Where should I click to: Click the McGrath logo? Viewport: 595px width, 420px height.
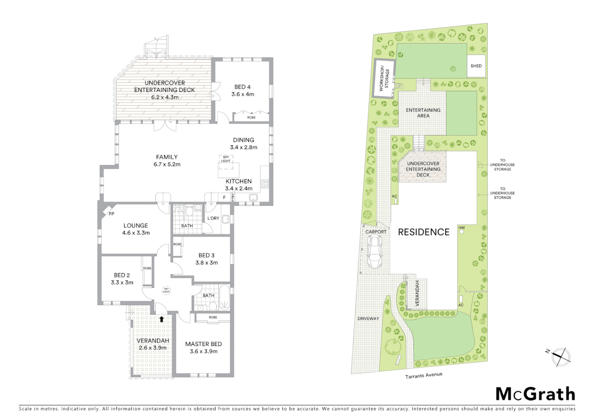click(535, 394)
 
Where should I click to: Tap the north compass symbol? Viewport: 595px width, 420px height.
click(560, 357)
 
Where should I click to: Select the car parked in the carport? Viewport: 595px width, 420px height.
click(375, 252)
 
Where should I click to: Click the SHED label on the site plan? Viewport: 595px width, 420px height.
click(476, 66)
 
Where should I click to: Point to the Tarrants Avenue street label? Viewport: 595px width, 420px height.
click(424, 375)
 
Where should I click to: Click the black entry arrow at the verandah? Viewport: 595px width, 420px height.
click(162, 319)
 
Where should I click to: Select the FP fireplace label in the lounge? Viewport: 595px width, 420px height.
click(111, 214)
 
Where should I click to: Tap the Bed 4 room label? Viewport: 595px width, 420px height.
click(243, 87)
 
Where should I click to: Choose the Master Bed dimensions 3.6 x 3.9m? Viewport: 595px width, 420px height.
click(204, 351)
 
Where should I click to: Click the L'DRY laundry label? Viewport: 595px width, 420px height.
click(213, 218)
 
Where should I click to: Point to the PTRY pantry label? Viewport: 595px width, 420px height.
click(233, 198)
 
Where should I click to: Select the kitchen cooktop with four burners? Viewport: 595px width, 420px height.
click(265, 184)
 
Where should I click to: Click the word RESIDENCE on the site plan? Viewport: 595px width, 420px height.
click(424, 232)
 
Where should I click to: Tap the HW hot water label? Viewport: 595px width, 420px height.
click(461, 228)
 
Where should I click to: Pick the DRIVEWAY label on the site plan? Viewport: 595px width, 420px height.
click(368, 318)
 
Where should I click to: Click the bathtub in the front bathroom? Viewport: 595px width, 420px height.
click(225, 298)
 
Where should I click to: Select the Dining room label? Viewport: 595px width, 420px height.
click(244, 140)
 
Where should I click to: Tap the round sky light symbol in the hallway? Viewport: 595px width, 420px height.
click(166, 290)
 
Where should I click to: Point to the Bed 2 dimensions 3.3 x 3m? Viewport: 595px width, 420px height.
click(122, 282)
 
